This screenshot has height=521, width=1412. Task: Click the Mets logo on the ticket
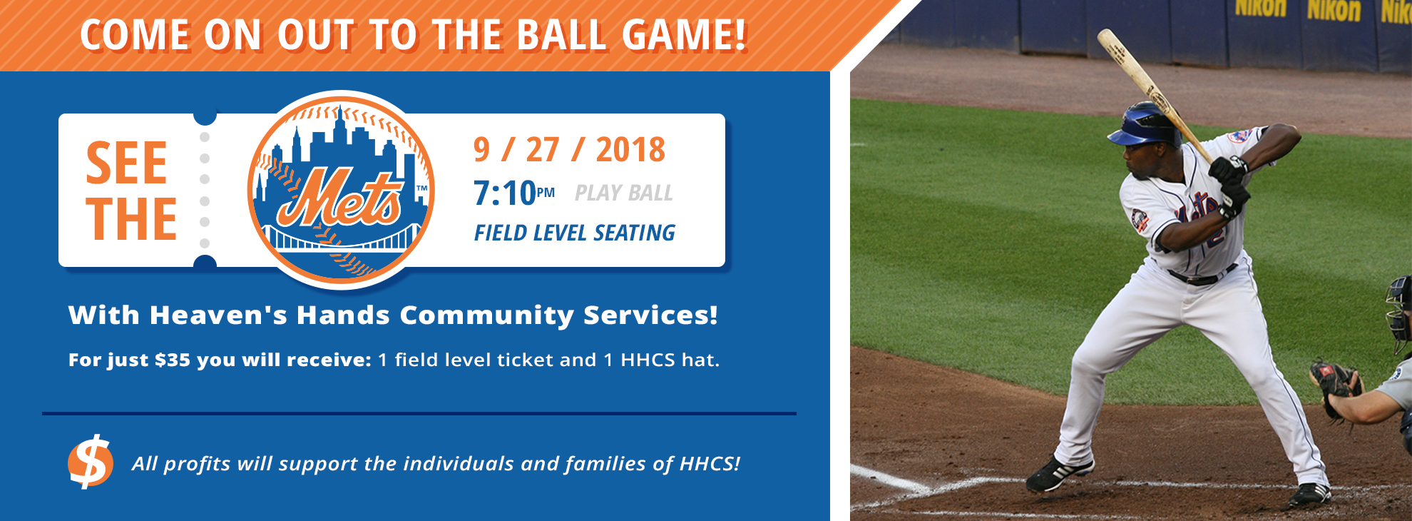341,189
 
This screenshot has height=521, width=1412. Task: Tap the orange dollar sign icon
91,462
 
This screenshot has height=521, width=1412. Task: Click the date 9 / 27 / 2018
569,150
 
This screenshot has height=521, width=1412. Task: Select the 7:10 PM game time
514,193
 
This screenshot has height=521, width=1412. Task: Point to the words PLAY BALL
624,193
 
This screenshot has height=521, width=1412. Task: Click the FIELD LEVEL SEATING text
575,233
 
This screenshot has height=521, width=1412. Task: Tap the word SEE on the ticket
126,163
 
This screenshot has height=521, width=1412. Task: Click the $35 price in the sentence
173,360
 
